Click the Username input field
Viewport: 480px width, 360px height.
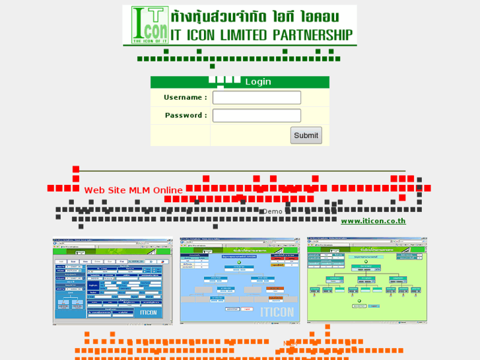256,98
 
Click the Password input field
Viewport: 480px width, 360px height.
256,116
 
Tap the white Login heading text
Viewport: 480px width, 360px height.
258,82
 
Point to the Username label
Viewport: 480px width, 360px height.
186,98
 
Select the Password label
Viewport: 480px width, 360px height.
186,116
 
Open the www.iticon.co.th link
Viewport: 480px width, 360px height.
373,221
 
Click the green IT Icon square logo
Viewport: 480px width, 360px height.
149,25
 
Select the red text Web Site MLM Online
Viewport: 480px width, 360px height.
133,190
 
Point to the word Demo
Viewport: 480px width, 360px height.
272,211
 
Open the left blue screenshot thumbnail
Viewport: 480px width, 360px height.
116,281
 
